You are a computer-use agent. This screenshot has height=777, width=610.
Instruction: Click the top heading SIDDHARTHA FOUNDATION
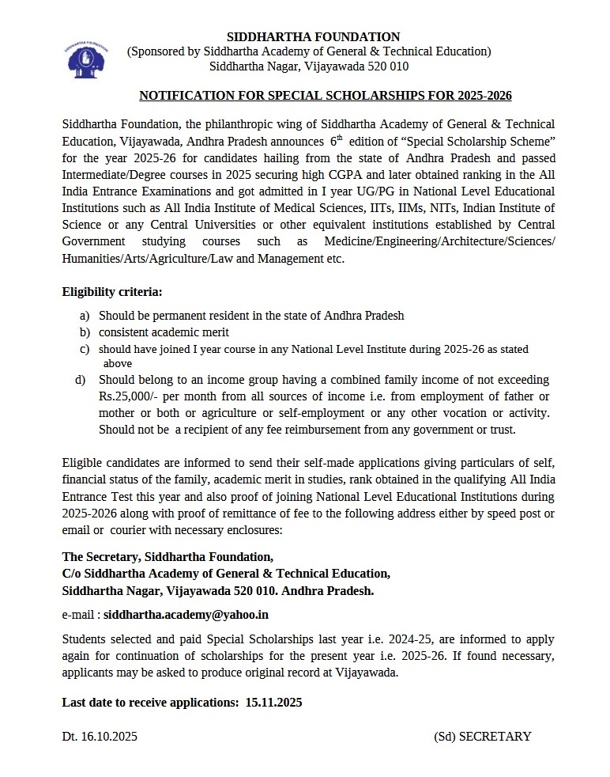(313, 36)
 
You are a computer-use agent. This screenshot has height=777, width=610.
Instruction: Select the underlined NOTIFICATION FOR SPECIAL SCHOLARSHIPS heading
(326, 96)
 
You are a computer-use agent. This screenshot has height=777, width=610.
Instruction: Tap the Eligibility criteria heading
(112, 292)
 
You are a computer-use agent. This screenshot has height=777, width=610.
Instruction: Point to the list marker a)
(84, 315)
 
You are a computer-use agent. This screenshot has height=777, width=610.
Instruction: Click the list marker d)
(81, 380)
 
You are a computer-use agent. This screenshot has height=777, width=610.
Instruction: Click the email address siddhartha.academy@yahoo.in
(186, 613)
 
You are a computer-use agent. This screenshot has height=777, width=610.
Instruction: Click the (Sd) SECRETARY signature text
(482, 736)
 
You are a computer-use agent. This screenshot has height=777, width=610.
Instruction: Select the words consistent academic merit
(164, 332)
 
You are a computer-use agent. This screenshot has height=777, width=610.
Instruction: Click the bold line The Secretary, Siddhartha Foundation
(168, 556)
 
